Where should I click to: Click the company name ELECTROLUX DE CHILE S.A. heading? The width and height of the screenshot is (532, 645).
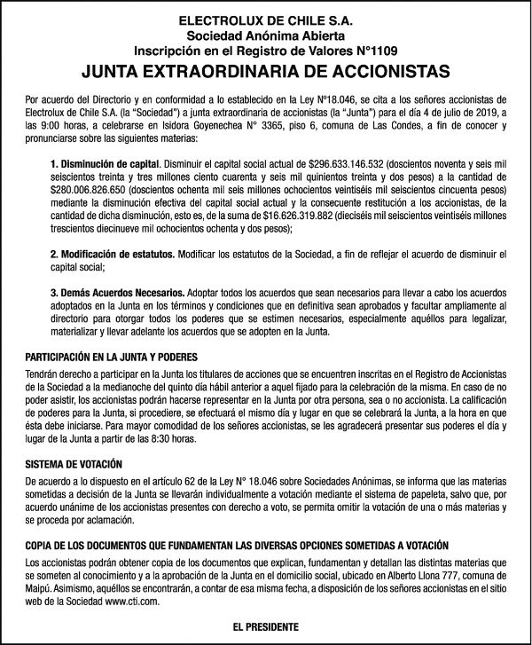(x=265, y=19)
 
